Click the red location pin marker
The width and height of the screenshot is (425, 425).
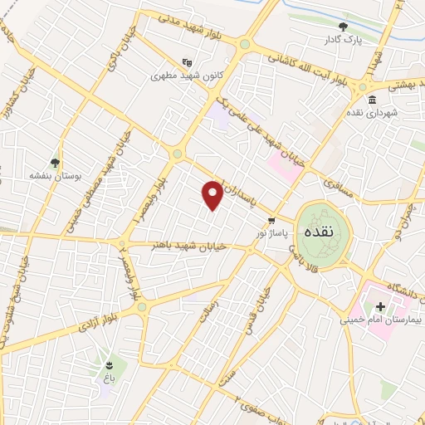click(x=212, y=195)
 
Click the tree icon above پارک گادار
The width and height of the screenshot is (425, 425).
click(x=343, y=27)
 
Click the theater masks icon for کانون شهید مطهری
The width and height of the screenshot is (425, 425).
click(x=188, y=61)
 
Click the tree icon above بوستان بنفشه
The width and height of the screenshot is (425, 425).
click(x=55, y=163)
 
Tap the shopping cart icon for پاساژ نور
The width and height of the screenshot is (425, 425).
click(x=271, y=220)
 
